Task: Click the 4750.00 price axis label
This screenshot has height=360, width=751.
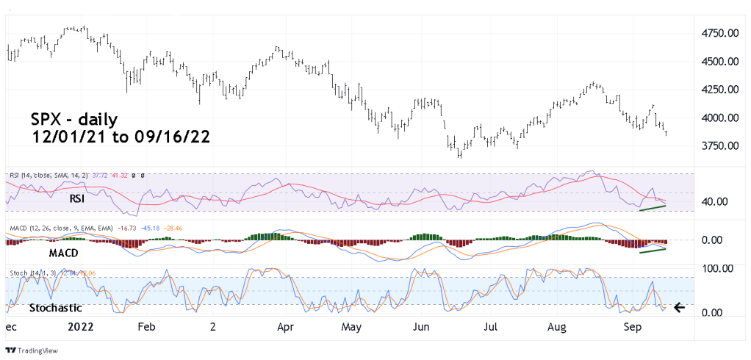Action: tap(719, 34)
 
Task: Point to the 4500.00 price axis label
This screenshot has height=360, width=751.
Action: tap(719, 62)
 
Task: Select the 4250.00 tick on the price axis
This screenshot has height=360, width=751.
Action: tap(719, 90)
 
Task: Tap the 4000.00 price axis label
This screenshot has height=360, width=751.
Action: tap(719, 118)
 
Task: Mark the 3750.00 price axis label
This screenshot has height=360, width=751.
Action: tap(719, 145)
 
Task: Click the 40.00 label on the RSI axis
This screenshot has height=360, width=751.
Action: tap(712, 201)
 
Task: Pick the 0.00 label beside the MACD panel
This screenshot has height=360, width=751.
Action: tap(711, 240)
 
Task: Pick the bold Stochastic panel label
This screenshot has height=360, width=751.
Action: tap(56, 308)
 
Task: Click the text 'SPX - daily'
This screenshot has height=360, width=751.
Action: tap(73, 119)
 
